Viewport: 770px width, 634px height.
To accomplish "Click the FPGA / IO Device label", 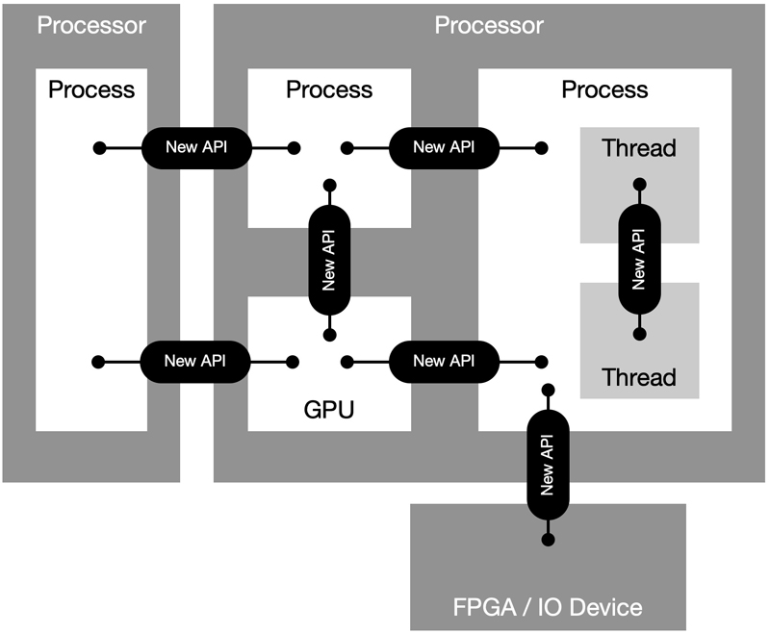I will pyautogui.click(x=548, y=607).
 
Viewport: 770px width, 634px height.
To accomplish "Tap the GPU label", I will pyautogui.click(x=329, y=411).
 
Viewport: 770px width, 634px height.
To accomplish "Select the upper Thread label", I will pyautogui.click(x=639, y=148).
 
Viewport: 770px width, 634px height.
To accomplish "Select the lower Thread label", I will pyautogui.click(x=639, y=376).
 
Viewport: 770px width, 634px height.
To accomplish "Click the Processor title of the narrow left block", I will pyautogui.click(x=91, y=24).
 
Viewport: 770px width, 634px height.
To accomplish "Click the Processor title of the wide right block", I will pyautogui.click(x=489, y=24).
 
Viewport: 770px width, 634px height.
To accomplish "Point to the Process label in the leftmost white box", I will pyautogui.click(x=91, y=90).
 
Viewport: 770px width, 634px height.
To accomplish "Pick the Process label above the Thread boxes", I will pyautogui.click(x=604, y=90).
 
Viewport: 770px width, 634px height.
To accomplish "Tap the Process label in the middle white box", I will pyautogui.click(x=329, y=90).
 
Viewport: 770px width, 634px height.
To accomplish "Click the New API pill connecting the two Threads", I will pyautogui.click(x=639, y=259).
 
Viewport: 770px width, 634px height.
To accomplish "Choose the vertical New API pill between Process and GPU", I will pyautogui.click(x=329, y=259).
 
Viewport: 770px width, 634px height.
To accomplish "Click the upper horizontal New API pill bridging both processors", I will pyautogui.click(x=196, y=147).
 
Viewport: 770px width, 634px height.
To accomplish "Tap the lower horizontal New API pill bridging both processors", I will pyautogui.click(x=196, y=361).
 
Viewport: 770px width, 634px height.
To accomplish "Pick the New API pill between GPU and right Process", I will pyautogui.click(x=444, y=361).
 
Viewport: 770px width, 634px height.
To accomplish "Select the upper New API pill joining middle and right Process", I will pyautogui.click(x=444, y=147).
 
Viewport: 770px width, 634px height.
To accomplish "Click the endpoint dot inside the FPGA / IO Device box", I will pyautogui.click(x=548, y=539).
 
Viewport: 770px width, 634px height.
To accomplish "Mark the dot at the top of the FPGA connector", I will pyautogui.click(x=548, y=389).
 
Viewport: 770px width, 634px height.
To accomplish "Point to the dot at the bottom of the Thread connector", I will pyautogui.click(x=639, y=334).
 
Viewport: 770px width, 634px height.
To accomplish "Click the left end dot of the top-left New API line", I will pyautogui.click(x=98, y=148).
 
